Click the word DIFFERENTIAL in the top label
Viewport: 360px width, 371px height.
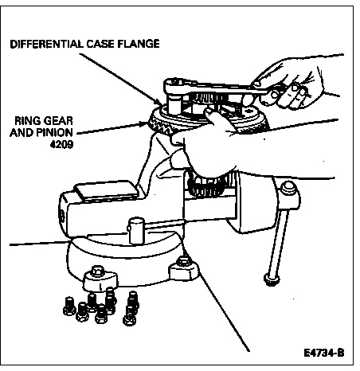[x=46, y=44]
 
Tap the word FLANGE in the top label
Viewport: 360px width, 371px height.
[x=138, y=44]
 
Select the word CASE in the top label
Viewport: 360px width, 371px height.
[x=100, y=44]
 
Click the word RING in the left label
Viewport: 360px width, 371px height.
[x=27, y=121]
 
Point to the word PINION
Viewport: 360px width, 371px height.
[x=53, y=132]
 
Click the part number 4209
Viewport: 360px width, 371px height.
[x=61, y=144]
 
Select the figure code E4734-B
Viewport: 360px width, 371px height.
[x=324, y=353]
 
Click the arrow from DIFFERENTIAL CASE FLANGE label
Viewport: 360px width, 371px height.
[x=120, y=79]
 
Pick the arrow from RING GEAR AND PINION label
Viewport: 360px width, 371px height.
[x=111, y=128]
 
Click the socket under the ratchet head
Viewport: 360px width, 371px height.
[x=174, y=105]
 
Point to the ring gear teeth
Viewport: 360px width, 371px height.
[x=159, y=125]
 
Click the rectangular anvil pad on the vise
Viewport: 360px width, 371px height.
[x=106, y=190]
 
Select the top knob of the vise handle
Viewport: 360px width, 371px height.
[x=288, y=188]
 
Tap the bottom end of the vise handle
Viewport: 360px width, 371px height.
[x=272, y=280]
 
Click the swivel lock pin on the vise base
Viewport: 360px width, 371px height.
[x=136, y=230]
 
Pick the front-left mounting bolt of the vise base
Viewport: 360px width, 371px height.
[x=99, y=272]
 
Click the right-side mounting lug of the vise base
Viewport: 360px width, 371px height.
[x=184, y=269]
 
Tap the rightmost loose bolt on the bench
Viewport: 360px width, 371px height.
[x=131, y=308]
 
